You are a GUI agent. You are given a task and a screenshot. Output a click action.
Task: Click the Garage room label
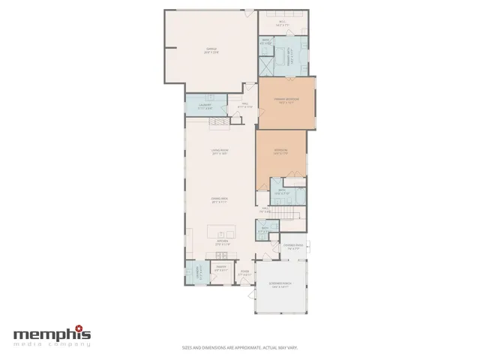coord(211,51)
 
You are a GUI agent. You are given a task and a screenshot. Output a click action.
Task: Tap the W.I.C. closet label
coord(283,23)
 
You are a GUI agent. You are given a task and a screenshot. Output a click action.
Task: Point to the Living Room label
coord(220,151)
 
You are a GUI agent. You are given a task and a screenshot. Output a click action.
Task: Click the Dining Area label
coord(220,199)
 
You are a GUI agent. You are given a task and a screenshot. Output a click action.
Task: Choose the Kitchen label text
coord(223,242)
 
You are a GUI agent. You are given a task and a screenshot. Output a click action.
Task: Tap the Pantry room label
coord(221,268)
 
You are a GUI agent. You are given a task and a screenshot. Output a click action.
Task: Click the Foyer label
coord(244,273)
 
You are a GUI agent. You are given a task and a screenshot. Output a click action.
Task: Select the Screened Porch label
coord(281,285)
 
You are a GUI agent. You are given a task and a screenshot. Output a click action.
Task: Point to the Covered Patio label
coord(293,245)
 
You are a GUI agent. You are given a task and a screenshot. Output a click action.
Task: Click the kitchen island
coord(223,230)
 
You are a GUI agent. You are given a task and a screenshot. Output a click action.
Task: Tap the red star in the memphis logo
coord(85,329)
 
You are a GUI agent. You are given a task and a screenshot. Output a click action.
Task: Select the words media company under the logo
coord(52,344)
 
